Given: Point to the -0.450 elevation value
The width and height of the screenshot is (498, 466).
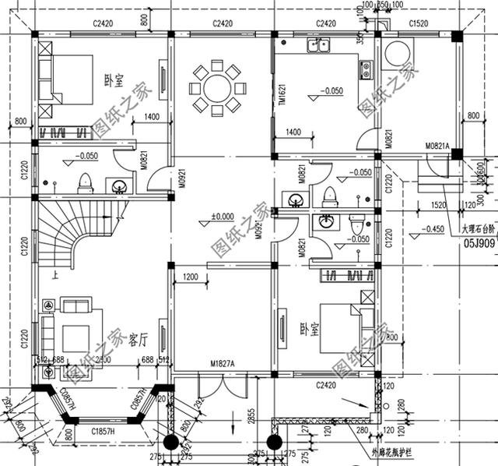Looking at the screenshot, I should click(434, 229).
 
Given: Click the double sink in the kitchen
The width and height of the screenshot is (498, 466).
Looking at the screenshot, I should click(320, 45).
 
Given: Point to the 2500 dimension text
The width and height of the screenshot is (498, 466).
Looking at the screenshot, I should click(103, 360).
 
